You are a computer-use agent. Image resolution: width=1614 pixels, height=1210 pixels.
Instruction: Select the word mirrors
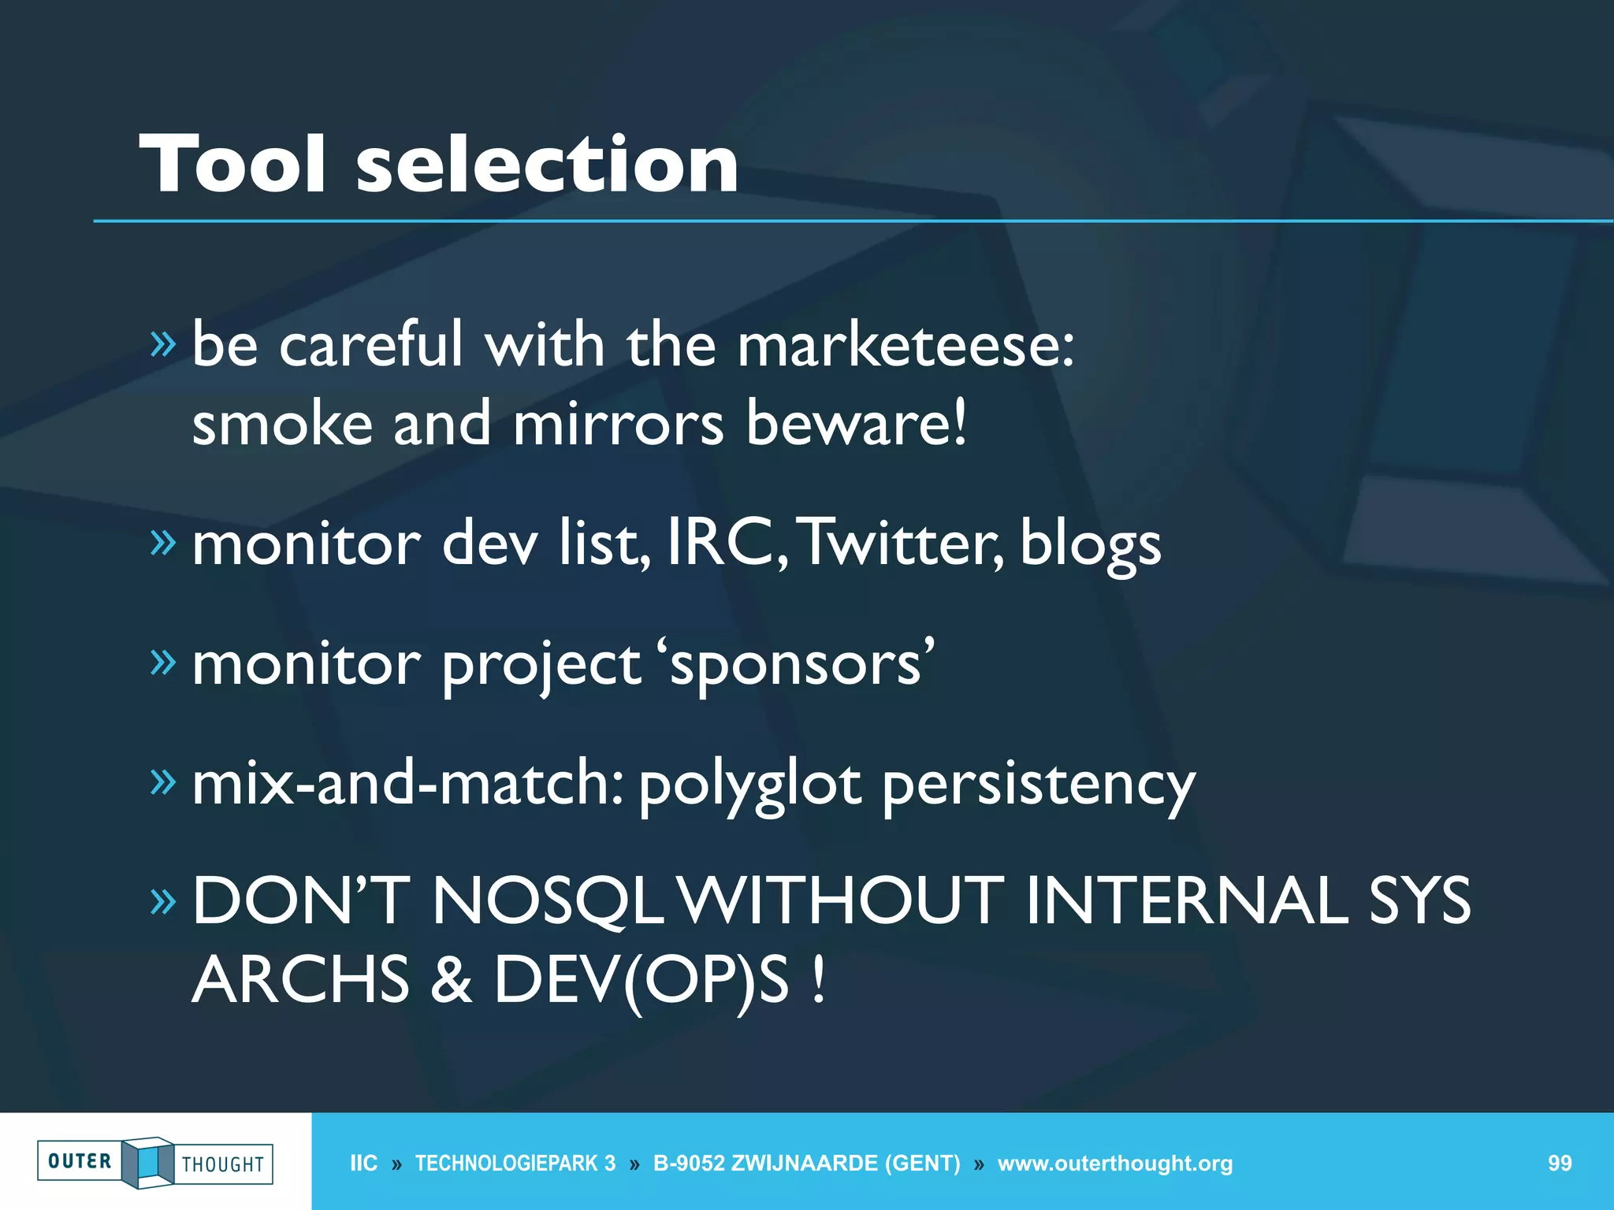point(618,424)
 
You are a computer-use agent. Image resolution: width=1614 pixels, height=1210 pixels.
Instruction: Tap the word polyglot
point(750,785)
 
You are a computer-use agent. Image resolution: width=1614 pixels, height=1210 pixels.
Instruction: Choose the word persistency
point(1039,785)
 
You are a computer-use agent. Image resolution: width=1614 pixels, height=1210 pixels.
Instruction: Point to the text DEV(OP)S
point(641,980)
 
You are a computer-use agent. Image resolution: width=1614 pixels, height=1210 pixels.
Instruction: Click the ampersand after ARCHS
point(451,980)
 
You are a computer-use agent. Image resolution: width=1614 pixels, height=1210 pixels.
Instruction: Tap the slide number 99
point(1560,1164)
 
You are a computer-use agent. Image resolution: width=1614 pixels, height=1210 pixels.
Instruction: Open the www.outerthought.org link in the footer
point(1114,1164)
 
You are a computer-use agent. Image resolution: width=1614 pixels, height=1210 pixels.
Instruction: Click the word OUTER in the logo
point(80,1161)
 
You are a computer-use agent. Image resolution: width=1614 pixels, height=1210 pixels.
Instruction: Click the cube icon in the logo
point(147,1162)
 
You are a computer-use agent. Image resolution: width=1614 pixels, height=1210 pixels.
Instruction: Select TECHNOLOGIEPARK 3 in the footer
point(515,1164)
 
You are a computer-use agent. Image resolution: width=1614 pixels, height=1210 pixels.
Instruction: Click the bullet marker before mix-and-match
point(163,781)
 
